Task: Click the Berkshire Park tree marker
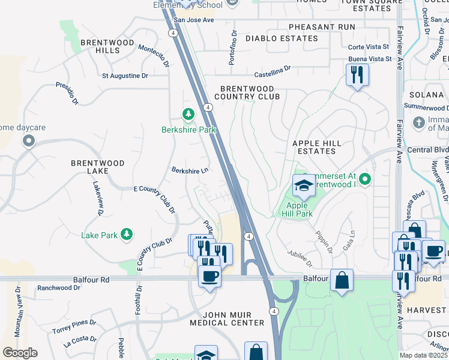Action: point(188,114)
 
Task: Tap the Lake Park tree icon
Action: point(126,235)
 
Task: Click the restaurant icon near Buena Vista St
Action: point(357,74)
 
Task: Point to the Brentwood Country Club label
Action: point(247,92)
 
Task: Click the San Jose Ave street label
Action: point(194,20)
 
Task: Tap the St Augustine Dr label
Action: point(125,76)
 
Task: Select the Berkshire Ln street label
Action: point(190,171)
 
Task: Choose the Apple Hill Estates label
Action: point(316,148)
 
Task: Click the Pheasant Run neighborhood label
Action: point(321,27)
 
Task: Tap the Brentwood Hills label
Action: point(100,47)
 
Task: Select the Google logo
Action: point(20,353)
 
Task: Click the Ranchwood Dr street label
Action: point(58,288)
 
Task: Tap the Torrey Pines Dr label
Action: point(74,326)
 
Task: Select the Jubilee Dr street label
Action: point(300,259)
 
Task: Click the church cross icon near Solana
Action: point(419,122)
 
